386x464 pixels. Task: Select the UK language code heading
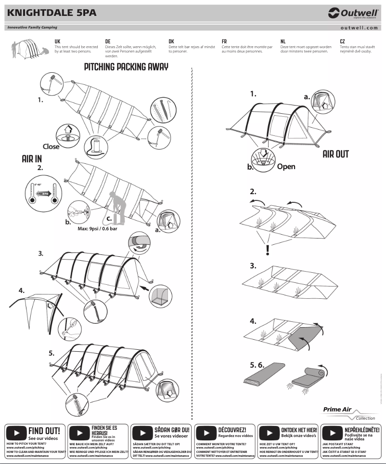tap(57, 42)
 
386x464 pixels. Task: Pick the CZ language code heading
tap(342, 42)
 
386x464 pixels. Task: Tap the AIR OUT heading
tap(335, 154)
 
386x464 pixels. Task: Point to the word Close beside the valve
tap(51, 146)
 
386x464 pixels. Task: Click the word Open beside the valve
tap(286, 167)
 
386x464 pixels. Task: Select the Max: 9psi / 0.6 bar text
tap(100, 229)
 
